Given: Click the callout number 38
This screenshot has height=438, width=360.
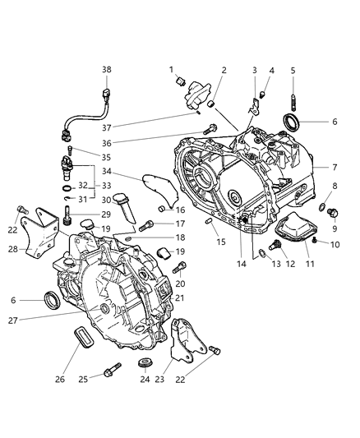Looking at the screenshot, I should [106, 70].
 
